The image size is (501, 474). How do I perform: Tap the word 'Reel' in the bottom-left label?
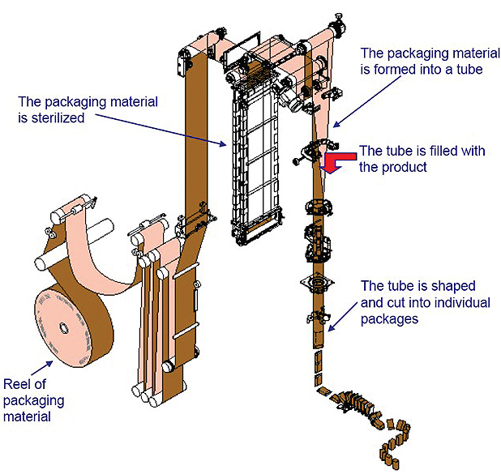[x=19, y=384]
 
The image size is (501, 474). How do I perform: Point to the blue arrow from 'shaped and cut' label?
[x=349, y=312]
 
